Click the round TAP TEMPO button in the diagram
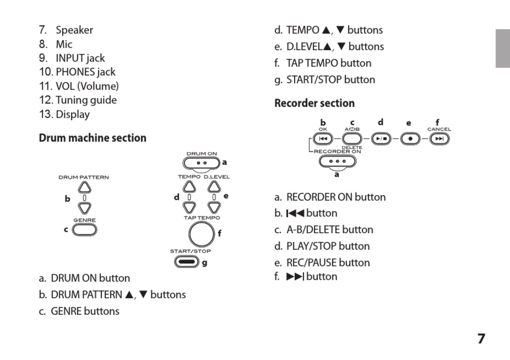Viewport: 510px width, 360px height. pyautogui.click(x=201, y=234)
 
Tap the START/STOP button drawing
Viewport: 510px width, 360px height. pyautogui.click(x=186, y=262)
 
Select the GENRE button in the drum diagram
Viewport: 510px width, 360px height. pyautogui.click(x=85, y=229)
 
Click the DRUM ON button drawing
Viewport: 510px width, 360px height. pyautogui.click(x=201, y=162)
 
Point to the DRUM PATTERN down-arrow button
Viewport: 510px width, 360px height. pyautogui.click(x=84, y=207)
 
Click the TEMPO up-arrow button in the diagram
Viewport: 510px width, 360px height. pyautogui.click(x=189, y=186)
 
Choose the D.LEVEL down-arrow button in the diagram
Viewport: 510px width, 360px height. pyautogui.click(x=214, y=207)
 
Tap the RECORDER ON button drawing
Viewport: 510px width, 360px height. pyautogui.click(x=337, y=161)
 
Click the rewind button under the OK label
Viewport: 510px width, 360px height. pyautogui.click(x=323, y=139)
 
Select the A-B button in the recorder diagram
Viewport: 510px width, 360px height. pyautogui.click(x=352, y=139)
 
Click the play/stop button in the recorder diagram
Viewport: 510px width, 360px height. pyautogui.click(x=381, y=139)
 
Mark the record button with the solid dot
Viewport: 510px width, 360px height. pyautogui.click(x=411, y=139)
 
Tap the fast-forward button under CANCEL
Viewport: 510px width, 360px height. pyautogui.click(x=439, y=139)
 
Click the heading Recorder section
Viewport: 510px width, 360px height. pyautogui.click(x=315, y=103)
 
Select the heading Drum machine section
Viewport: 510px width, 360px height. pyautogui.click(x=92, y=138)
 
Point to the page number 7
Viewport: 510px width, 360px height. pyautogui.click(x=481, y=339)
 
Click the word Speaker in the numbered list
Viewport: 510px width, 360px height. pyautogui.click(x=74, y=30)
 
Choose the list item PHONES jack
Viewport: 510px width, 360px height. pyautogui.click(x=85, y=72)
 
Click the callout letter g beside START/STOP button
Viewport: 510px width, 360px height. pyautogui.click(x=205, y=262)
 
